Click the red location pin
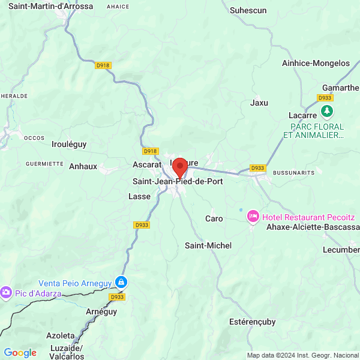(x=179, y=167)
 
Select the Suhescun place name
(x=248, y=10)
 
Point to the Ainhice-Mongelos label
(x=315, y=63)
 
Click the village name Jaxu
(x=259, y=103)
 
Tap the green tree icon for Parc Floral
(x=326, y=111)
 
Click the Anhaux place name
(x=83, y=166)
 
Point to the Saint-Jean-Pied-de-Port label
(x=177, y=181)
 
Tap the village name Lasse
(x=136, y=196)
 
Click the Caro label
(x=214, y=218)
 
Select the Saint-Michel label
(x=208, y=245)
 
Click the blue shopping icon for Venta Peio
(x=121, y=282)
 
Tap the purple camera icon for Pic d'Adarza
(x=6, y=292)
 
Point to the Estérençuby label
(x=253, y=322)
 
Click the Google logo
(x=20, y=353)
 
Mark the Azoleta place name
(x=61, y=335)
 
